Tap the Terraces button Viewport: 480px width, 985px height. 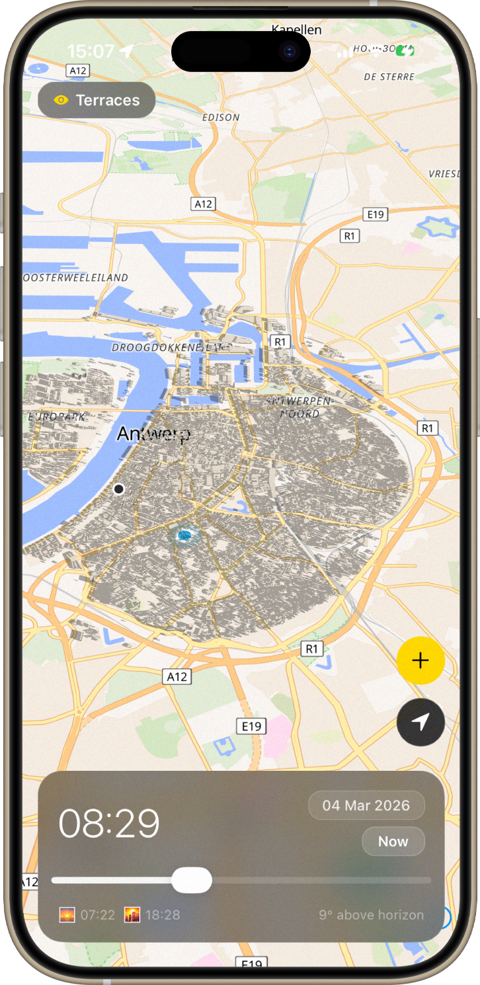97,100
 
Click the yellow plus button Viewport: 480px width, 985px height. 420,660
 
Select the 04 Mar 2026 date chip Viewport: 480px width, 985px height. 366,805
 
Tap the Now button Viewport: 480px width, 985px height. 393,842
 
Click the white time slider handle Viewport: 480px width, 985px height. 192,881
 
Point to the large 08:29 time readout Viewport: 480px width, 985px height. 110,824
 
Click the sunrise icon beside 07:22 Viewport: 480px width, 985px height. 67,915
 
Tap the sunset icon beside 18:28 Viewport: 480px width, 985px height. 132,915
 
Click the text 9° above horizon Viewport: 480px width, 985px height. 371,915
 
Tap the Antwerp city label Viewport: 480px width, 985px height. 153,434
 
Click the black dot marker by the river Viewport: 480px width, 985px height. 119,489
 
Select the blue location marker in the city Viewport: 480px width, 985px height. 184,535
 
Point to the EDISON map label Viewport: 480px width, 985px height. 221,117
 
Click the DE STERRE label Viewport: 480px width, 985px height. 389,77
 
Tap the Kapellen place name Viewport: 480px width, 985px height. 296,30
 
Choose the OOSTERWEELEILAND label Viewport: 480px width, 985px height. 75,278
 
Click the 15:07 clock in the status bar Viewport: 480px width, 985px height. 91,51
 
